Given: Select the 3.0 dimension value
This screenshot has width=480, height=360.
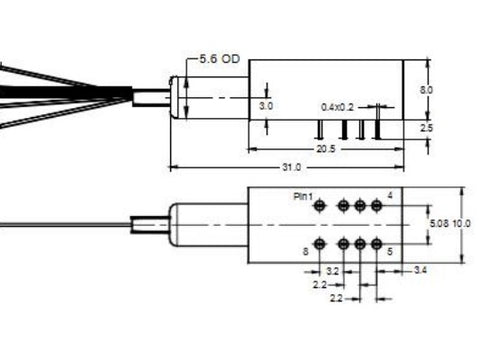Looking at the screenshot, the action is tap(265, 104).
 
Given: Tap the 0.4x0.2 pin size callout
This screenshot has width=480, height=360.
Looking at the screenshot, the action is tap(337, 105).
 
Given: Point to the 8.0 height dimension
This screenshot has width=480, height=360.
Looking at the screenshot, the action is tap(428, 89).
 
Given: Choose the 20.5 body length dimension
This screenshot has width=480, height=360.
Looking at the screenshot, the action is tap(325, 149).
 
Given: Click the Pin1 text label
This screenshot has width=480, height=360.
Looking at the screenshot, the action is tap(303, 197).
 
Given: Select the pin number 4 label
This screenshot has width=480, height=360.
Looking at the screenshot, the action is tap(389, 192).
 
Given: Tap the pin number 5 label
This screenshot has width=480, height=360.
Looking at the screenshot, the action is tap(389, 253).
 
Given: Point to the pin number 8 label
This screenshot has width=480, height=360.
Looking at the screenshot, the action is tap(304, 252).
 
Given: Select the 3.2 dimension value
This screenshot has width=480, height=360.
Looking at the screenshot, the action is tap(333, 270).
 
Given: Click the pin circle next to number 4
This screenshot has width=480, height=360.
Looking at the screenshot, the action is tap(376, 205).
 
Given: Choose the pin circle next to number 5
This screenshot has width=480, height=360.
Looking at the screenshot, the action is tap(376, 243).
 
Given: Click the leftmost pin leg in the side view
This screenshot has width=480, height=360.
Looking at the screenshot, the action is tap(318, 129).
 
